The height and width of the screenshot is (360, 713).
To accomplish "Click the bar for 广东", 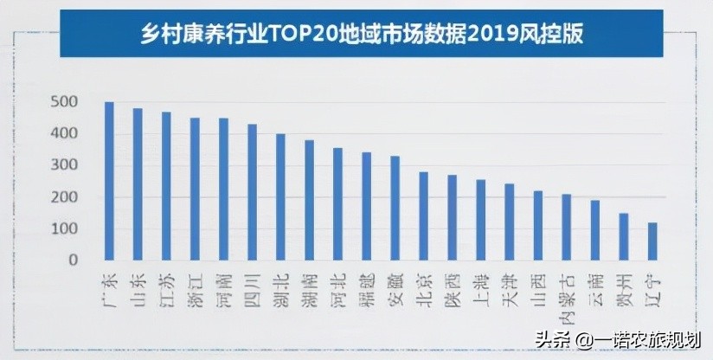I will pyautogui.click(x=109, y=181).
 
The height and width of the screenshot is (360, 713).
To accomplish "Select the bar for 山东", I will pyautogui.click(x=138, y=183).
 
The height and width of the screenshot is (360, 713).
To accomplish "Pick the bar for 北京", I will pyautogui.click(x=424, y=215).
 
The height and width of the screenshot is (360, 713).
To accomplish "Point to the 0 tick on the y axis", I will pyautogui.click(x=74, y=260).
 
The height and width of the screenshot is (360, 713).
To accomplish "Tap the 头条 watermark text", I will pyautogui.click(x=551, y=340).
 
